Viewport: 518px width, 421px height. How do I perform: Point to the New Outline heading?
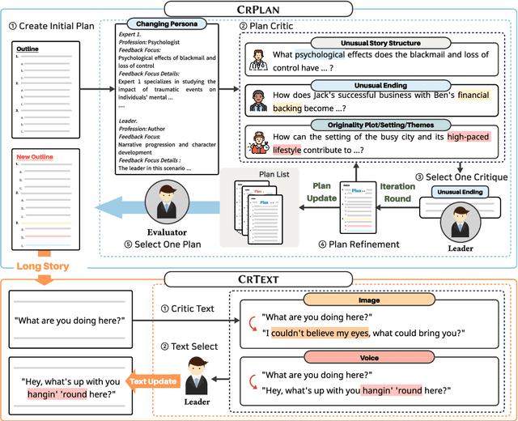point(36,155)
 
